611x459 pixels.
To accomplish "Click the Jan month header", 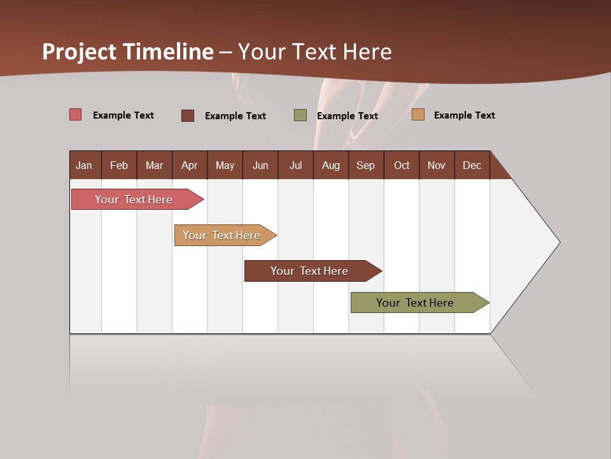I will point(84,165).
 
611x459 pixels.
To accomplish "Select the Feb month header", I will point(119,165).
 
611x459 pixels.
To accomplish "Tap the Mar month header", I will point(154,165).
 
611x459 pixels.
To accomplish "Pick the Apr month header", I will point(189,165).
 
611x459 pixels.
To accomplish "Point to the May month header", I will point(225,165).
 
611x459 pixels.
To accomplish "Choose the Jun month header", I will point(260,165).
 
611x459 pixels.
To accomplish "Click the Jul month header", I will point(295,165).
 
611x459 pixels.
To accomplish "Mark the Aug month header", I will point(331,165).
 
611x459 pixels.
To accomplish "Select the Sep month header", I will point(366,165).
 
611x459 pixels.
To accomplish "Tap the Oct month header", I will point(402,165).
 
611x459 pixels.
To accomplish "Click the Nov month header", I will point(437,165).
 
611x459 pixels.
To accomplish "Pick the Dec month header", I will point(472,165).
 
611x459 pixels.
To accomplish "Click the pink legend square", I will point(76,115).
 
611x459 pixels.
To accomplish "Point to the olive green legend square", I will point(300,115).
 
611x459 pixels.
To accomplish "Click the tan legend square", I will point(418,115).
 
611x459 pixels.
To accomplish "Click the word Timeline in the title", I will point(168,52).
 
